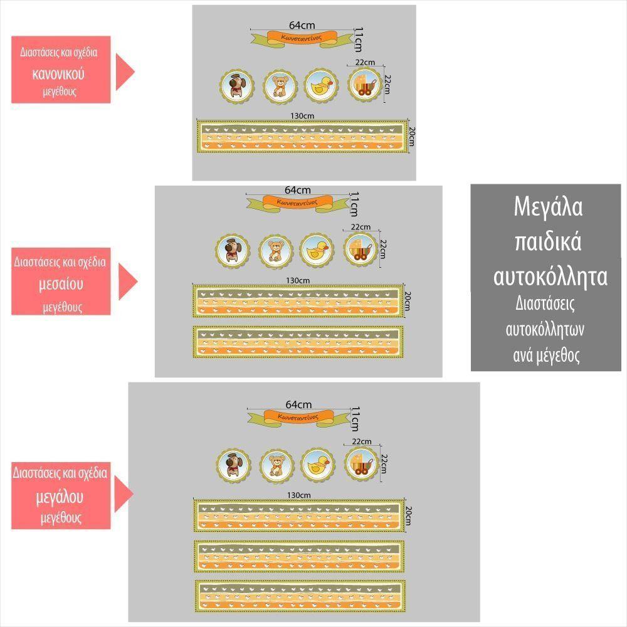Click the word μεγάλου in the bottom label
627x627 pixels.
60,497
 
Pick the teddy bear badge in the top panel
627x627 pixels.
279,85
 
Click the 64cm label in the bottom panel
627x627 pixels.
298,404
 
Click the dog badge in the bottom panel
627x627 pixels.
233,464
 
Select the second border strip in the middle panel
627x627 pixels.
298,342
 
